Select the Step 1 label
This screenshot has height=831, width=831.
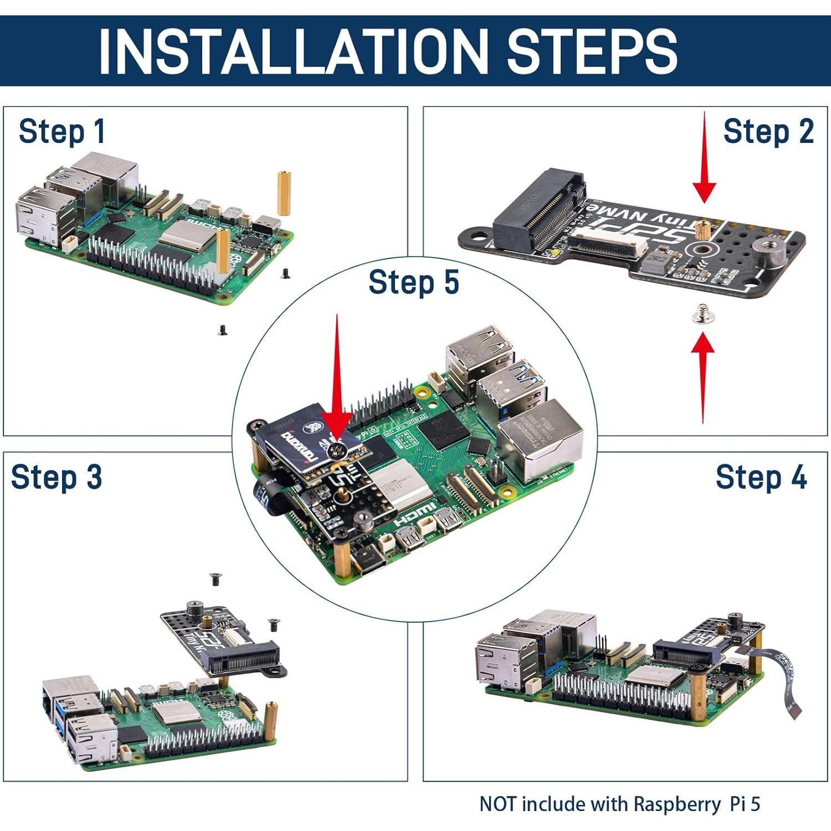pos(61,132)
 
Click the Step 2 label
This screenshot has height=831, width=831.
pos(768,132)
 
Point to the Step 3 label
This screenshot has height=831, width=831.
pos(57,477)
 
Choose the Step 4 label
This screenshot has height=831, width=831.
pos(761,477)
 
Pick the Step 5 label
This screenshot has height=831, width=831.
pos(413,282)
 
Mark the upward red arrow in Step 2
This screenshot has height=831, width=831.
pos(703,377)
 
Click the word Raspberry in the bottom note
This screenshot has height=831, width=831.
pos(677,804)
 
